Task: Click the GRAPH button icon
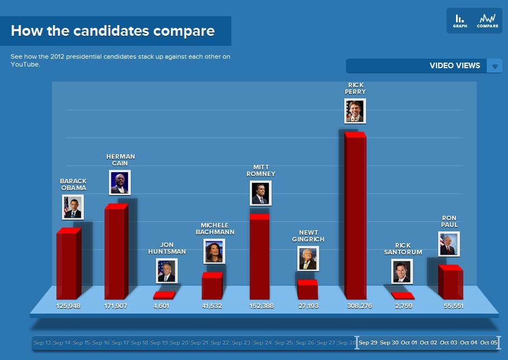[459, 20]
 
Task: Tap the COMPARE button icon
[487, 20]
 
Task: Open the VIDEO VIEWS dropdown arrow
[495, 66]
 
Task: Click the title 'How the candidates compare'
[112, 30]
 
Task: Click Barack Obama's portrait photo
[73, 207]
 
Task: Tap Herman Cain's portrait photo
[120, 182]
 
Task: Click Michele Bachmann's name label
[215, 228]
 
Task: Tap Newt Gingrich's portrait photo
[308, 259]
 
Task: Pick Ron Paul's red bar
[450, 282]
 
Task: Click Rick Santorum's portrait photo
[402, 271]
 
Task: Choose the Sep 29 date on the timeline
[368, 343]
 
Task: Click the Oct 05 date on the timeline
[488, 343]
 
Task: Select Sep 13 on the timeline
[42, 343]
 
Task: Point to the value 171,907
[116, 306]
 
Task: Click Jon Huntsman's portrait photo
[167, 271]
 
